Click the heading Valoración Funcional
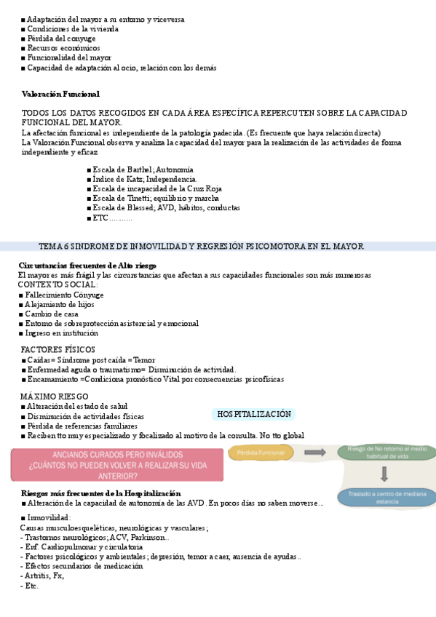click(x=60, y=94)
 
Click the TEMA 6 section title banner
click(x=201, y=247)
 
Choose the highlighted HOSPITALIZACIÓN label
click(x=254, y=414)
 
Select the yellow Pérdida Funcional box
click(x=261, y=453)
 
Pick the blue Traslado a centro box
click(x=387, y=498)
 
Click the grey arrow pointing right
click(x=315, y=453)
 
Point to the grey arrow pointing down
click(x=385, y=474)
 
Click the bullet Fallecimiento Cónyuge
click(x=64, y=295)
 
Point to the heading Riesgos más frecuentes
click(x=90, y=493)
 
